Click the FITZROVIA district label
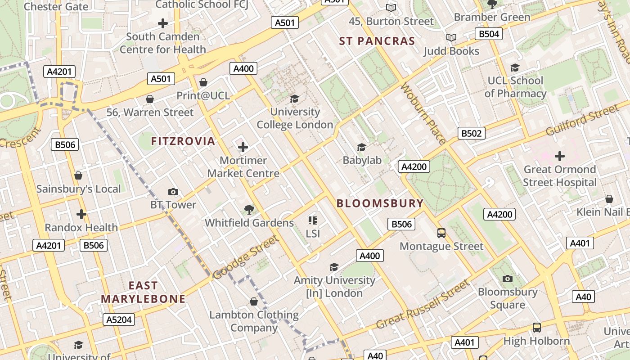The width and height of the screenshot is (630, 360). coord(183,141)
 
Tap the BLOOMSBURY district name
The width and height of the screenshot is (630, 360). coord(380,203)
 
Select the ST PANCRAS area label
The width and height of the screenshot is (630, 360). coord(377,41)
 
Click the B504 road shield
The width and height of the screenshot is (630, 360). coord(489,34)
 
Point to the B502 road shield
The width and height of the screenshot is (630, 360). coord(472,133)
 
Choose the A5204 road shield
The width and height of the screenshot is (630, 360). coord(119,319)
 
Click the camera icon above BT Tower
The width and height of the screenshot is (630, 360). coord(173,192)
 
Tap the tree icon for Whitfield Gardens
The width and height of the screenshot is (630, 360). coord(249,209)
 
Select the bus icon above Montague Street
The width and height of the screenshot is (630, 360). coord(441,233)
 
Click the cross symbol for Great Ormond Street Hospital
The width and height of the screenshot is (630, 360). coord(560,156)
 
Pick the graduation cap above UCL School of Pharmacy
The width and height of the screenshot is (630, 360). coord(515,67)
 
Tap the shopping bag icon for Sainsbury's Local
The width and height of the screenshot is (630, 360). coord(78,175)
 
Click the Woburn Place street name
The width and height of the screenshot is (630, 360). coord(423,113)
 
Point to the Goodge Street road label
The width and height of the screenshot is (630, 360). coord(245,257)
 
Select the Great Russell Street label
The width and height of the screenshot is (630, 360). coord(423,305)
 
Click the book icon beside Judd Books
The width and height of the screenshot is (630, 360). coord(451,38)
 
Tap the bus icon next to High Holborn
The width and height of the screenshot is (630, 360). coord(536,327)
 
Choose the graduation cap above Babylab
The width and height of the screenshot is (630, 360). coord(361,147)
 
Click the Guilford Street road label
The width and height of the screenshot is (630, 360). coord(582,120)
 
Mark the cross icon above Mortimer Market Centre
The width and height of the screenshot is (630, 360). coord(243,147)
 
